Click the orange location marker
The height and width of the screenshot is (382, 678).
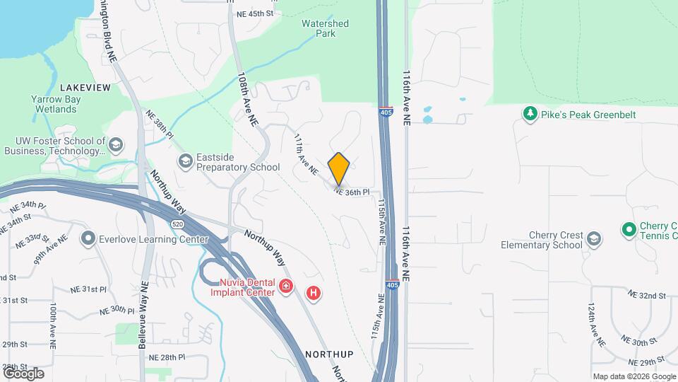coord(339,169)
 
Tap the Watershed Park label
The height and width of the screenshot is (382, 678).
coord(325,28)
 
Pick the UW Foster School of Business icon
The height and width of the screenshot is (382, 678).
coord(116,146)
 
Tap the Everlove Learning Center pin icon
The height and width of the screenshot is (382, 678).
coord(88,238)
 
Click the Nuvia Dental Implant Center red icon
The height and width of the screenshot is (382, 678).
coord(286,286)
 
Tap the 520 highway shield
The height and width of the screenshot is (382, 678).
coord(175,224)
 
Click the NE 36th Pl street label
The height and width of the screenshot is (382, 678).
coord(352,192)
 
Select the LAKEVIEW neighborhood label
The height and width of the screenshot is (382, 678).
coord(85,87)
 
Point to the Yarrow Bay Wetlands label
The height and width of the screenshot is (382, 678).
coord(55,104)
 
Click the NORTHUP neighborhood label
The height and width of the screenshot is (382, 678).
coord(329,353)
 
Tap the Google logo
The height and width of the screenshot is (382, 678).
coord(23,373)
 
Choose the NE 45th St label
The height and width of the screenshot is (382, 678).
coord(255,13)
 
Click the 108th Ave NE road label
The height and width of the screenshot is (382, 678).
coord(248,98)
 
